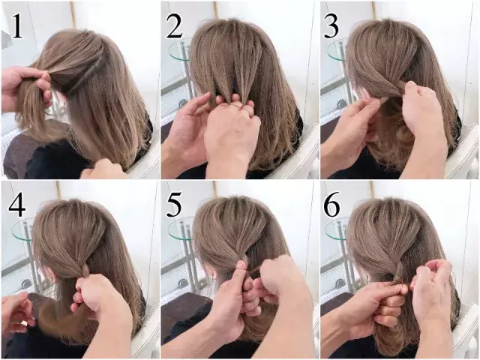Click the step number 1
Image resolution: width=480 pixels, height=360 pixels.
click(x=17, y=27)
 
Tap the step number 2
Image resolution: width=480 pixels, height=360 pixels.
click(x=175, y=27)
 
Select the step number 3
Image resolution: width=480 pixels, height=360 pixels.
click(x=331, y=27)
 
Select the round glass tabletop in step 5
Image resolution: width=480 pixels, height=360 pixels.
click(x=181, y=228)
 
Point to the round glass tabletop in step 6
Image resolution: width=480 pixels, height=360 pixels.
click(x=337, y=228)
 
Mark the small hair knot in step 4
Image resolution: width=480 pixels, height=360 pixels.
click(x=85, y=270)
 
